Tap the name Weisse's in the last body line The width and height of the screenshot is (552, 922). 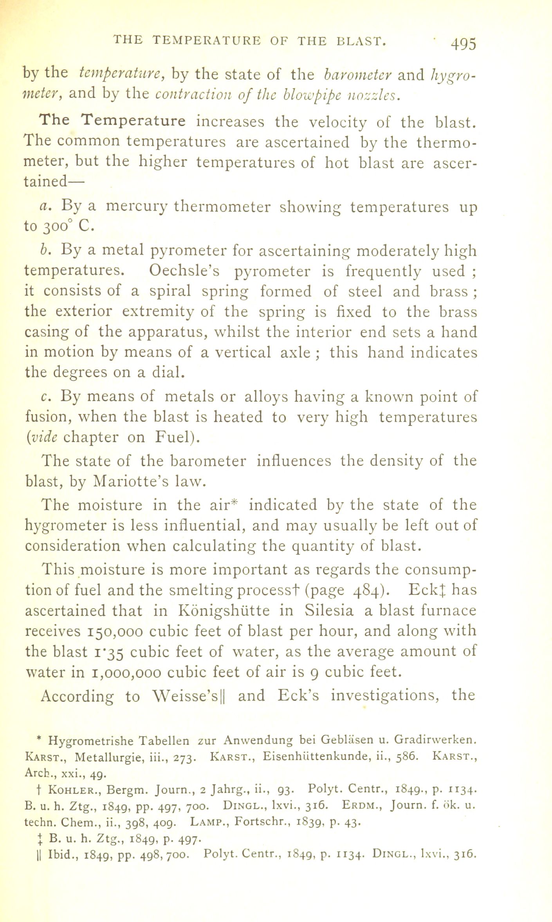click(190, 696)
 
